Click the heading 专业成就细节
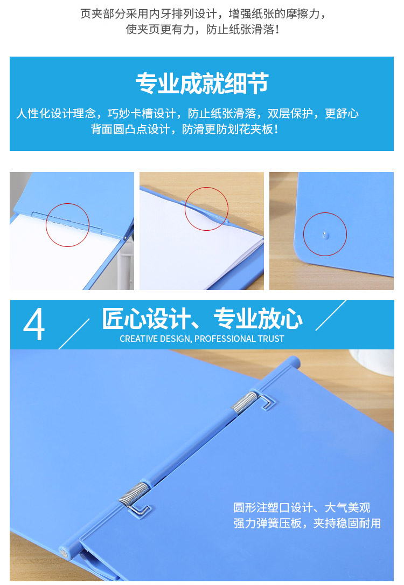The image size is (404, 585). click(201, 83)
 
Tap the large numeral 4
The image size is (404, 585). click(34, 324)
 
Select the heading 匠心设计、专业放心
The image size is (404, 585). click(202, 319)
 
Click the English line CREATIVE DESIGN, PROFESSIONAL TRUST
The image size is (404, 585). click(201, 339)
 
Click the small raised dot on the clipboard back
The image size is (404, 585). click(325, 235)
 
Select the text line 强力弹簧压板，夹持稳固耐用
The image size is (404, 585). click(307, 523)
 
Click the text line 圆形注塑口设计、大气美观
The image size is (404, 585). click(302, 507)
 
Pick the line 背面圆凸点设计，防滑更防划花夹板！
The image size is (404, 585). click(184, 129)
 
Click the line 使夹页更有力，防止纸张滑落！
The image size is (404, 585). click(202, 29)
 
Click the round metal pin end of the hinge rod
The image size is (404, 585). click(64, 554)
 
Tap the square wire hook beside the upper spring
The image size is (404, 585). click(267, 401)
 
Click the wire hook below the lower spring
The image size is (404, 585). click(140, 510)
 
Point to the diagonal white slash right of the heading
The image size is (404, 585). click(331, 315)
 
